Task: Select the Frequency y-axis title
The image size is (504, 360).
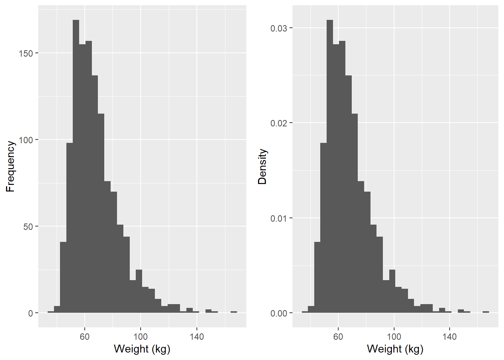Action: click(10, 166)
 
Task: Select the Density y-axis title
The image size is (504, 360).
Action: click(262, 166)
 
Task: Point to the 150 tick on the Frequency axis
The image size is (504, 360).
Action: click(26, 53)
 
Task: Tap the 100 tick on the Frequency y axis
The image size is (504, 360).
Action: click(26, 140)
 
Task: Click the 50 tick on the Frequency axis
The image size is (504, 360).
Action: click(28, 226)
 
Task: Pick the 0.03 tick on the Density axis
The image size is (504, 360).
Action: click(279, 28)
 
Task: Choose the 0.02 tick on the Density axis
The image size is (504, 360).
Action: click(279, 123)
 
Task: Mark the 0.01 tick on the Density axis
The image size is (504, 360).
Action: click(279, 218)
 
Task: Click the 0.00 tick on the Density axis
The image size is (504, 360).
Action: click(279, 313)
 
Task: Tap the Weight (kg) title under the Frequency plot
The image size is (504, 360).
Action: click(142, 349)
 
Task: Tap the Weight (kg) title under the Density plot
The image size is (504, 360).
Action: click(395, 349)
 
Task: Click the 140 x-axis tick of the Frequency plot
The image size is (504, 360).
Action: click(196, 336)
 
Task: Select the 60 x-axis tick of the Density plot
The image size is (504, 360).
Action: click(338, 336)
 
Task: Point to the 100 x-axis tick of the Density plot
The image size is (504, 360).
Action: click(394, 336)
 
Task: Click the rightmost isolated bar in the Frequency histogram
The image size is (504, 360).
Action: click(234, 312)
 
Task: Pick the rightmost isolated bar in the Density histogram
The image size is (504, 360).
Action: click(486, 312)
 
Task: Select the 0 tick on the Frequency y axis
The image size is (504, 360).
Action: click(31, 313)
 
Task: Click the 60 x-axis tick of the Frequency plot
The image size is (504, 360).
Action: click(84, 336)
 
